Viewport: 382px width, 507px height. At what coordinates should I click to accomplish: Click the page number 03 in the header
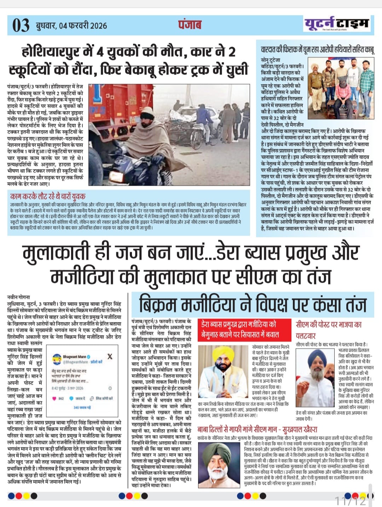click(21, 25)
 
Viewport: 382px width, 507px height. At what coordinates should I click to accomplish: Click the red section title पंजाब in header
click(190, 24)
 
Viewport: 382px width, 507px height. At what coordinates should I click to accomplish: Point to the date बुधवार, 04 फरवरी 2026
click(71, 25)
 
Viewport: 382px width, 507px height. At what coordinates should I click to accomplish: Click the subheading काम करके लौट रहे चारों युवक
click(48, 196)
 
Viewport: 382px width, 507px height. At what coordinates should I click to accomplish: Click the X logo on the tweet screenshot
click(110, 356)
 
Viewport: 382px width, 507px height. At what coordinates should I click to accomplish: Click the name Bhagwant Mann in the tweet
click(75, 357)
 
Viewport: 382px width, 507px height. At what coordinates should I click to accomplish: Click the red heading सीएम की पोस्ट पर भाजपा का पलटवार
click(329, 329)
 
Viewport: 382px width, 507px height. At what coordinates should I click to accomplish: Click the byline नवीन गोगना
click(19, 297)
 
